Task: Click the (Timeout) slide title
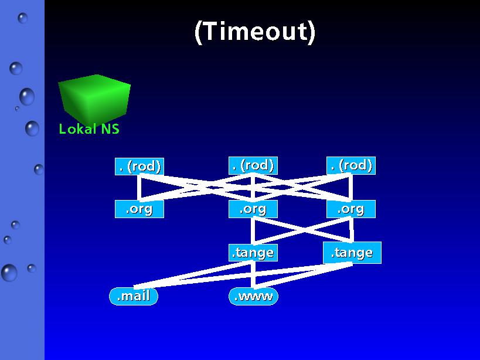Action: pyautogui.click(x=255, y=32)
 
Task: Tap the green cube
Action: pyautogui.click(x=94, y=99)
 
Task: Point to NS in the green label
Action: pyautogui.click(x=110, y=129)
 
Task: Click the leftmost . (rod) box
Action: pyautogui.click(x=139, y=167)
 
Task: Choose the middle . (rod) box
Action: pyautogui.click(x=253, y=165)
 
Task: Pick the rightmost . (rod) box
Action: pyautogui.click(x=351, y=165)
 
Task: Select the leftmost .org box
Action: pyautogui.click(x=139, y=209)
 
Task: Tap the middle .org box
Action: pyautogui.click(x=253, y=209)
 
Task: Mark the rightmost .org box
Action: pyautogui.click(x=351, y=209)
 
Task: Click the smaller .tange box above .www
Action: pyautogui.click(x=253, y=253)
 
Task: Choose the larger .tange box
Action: pyautogui.click(x=352, y=253)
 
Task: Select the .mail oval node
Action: pyautogui.click(x=134, y=296)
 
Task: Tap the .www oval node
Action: pyautogui.click(x=253, y=296)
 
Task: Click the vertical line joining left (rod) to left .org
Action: pyautogui.click(x=139, y=188)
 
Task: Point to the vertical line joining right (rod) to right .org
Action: pyautogui.click(x=350, y=188)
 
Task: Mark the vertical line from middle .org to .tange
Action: pyautogui.click(x=253, y=231)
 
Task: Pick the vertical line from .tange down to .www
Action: pyautogui.click(x=253, y=274)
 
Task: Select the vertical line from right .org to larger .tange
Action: pyautogui.click(x=352, y=230)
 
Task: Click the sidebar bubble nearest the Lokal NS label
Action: pyautogui.click(x=32, y=128)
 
